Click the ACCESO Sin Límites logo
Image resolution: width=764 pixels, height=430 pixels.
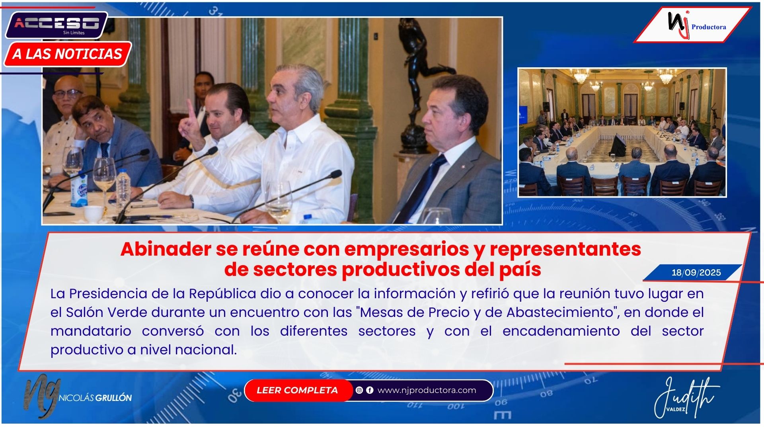57,25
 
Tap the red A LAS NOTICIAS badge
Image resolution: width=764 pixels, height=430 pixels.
68,54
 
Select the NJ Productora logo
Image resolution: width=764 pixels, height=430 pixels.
692,25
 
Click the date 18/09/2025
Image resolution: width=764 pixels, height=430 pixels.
696,273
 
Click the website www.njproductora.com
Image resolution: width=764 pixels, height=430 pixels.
427,390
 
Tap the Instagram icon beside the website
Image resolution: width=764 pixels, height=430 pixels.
359,390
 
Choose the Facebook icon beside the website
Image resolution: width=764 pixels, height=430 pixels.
370,390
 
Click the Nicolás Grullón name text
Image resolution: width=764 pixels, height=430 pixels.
95,398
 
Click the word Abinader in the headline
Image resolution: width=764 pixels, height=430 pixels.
166,249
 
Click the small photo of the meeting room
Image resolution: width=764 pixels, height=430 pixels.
622,133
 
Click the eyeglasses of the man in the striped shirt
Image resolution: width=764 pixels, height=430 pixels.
68,94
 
